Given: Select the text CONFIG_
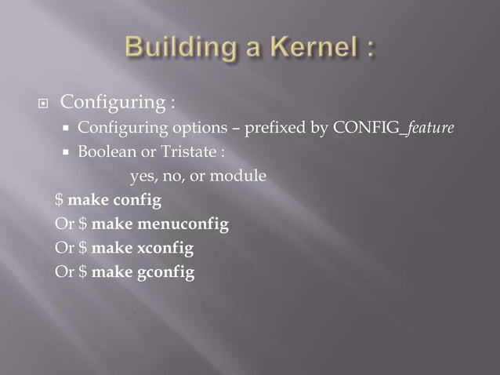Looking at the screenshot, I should [367, 128].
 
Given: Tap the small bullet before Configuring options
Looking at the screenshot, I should [67, 129].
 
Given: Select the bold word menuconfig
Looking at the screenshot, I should [184, 225].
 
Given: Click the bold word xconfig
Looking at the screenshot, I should [165, 249].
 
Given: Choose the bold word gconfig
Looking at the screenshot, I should [166, 273].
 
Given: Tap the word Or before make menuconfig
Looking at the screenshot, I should [64, 225].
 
